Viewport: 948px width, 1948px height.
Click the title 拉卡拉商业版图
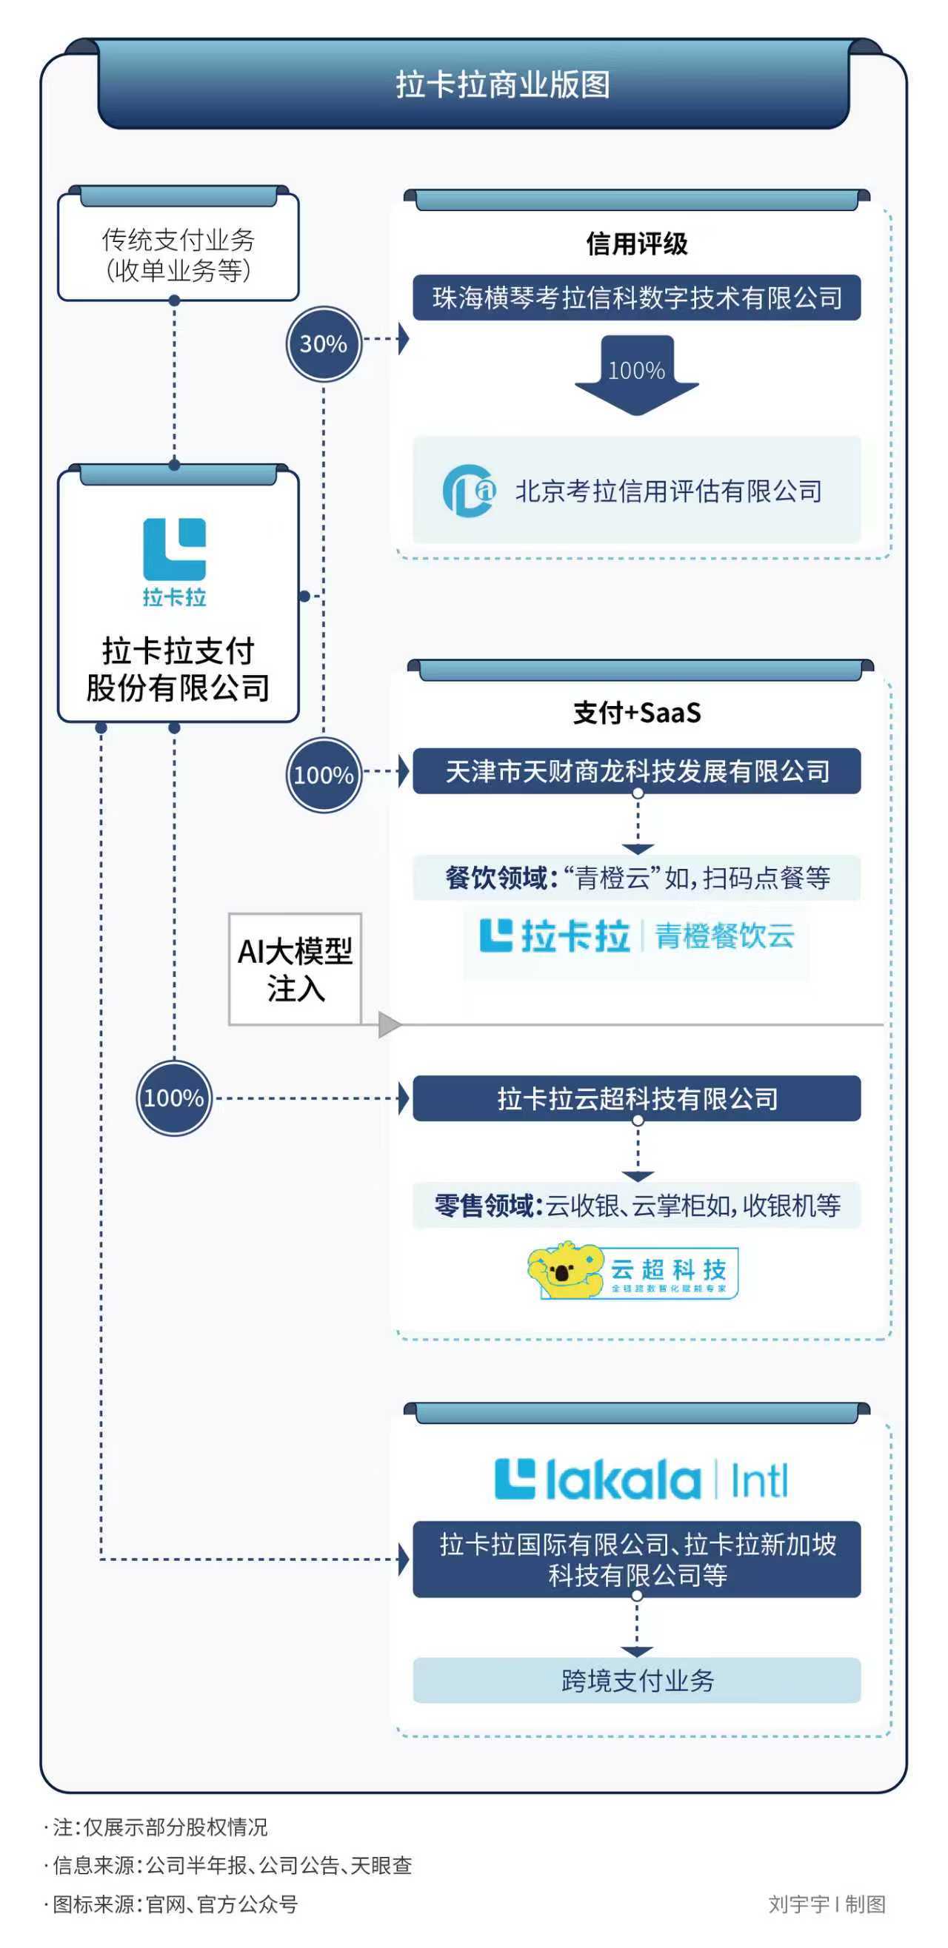coord(502,84)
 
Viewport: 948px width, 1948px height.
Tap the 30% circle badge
coord(324,343)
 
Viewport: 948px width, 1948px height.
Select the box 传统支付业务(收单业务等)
coord(178,254)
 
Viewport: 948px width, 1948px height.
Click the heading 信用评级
coord(636,243)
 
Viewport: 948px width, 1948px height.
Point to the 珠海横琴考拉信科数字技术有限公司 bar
coord(636,298)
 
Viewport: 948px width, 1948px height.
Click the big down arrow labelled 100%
coord(636,375)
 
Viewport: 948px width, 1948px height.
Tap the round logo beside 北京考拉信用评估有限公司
coord(469,491)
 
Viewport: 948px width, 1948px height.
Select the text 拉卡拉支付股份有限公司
coord(178,669)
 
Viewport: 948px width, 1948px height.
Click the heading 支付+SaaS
coord(636,712)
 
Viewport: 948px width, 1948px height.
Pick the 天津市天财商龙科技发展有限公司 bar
coord(636,771)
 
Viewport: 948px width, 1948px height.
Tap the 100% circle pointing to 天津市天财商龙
coord(324,775)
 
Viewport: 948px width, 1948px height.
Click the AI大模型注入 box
coord(295,970)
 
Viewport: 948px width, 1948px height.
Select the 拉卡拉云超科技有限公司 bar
coord(636,1098)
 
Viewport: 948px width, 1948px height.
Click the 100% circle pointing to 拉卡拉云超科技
coord(174,1098)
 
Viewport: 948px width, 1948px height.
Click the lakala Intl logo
coord(641,1480)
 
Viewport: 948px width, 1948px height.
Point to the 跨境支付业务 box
coord(636,1680)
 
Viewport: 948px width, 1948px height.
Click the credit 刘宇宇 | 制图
coord(827,1904)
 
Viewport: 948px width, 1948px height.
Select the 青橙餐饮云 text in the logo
coord(724,936)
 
